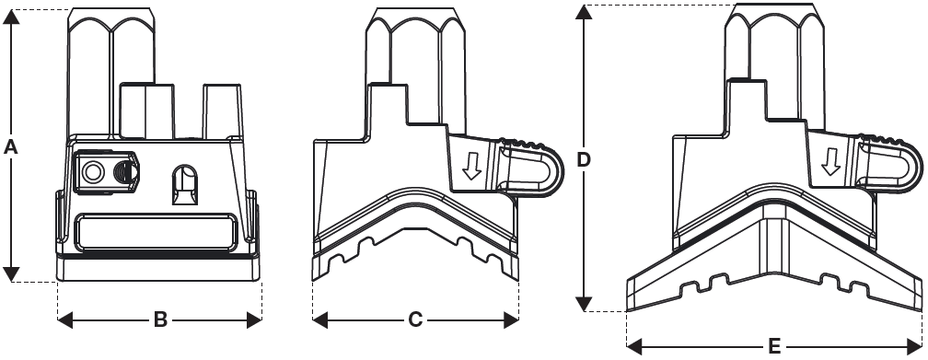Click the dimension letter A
click(x=10, y=146)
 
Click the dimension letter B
click(x=160, y=320)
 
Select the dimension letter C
click(x=415, y=320)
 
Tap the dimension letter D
click(x=584, y=160)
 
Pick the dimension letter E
click(x=775, y=346)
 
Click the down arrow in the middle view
click(x=471, y=165)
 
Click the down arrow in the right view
click(x=831, y=162)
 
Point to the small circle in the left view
click(x=91, y=172)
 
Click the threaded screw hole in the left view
click(x=125, y=172)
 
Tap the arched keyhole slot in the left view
click(x=185, y=184)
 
